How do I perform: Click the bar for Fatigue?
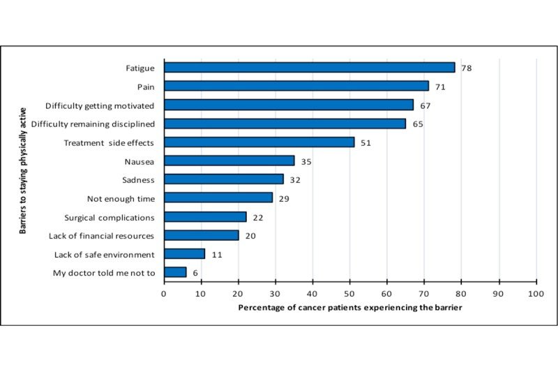pos(309,68)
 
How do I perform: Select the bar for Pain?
pos(296,86)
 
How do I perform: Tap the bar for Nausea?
pos(229,161)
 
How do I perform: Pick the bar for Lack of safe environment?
pos(184,254)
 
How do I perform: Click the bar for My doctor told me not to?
pos(175,272)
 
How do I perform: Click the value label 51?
pos(365,142)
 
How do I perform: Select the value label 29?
pos(283,198)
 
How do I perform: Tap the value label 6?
pos(195,272)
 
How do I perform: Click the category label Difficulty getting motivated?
pos(100,105)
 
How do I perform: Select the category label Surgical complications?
pos(110,217)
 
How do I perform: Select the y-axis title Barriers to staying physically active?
pos(22,170)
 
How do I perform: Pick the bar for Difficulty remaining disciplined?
pos(285,124)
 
